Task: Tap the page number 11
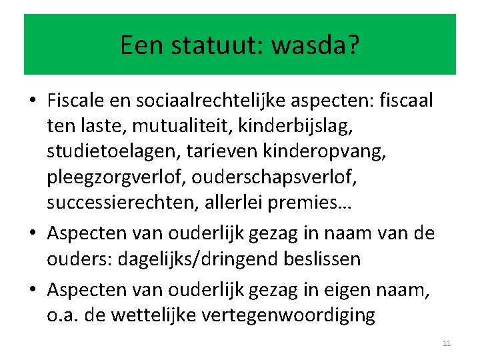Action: click(x=447, y=343)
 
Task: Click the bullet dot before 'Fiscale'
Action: click(x=33, y=101)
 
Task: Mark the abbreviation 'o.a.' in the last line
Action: click(x=64, y=314)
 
